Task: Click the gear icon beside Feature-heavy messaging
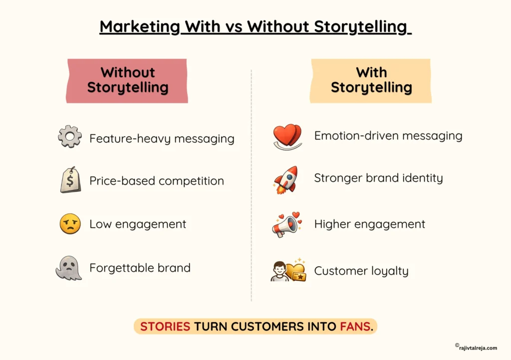click(70, 136)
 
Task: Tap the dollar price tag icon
click(70, 180)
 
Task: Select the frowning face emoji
click(70, 223)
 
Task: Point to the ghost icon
click(68, 269)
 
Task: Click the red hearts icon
click(287, 136)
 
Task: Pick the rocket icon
click(286, 180)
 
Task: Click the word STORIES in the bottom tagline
click(165, 327)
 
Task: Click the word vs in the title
click(232, 26)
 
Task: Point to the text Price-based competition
click(157, 181)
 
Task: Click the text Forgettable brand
click(140, 268)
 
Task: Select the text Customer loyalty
click(361, 271)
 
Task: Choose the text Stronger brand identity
click(378, 178)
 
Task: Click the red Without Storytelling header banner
click(127, 80)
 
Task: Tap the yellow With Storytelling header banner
click(371, 80)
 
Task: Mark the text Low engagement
click(138, 224)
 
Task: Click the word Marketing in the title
click(139, 26)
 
